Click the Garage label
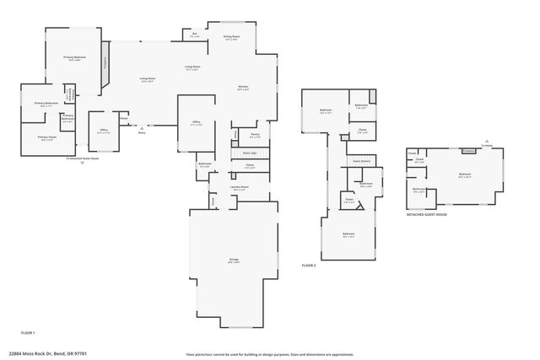point(234,261)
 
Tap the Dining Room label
point(231,38)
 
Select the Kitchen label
point(242,88)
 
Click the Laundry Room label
point(239,188)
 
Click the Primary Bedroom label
point(75,57)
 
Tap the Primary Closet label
point(46,137)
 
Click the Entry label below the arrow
point(142,132)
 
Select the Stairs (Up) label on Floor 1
point(249,153)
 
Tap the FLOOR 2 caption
point(309,266)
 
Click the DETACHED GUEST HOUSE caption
point(426,215)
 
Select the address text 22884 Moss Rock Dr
point(48,353)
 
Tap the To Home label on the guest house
point(486,146)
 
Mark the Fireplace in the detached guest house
point(469,151)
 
